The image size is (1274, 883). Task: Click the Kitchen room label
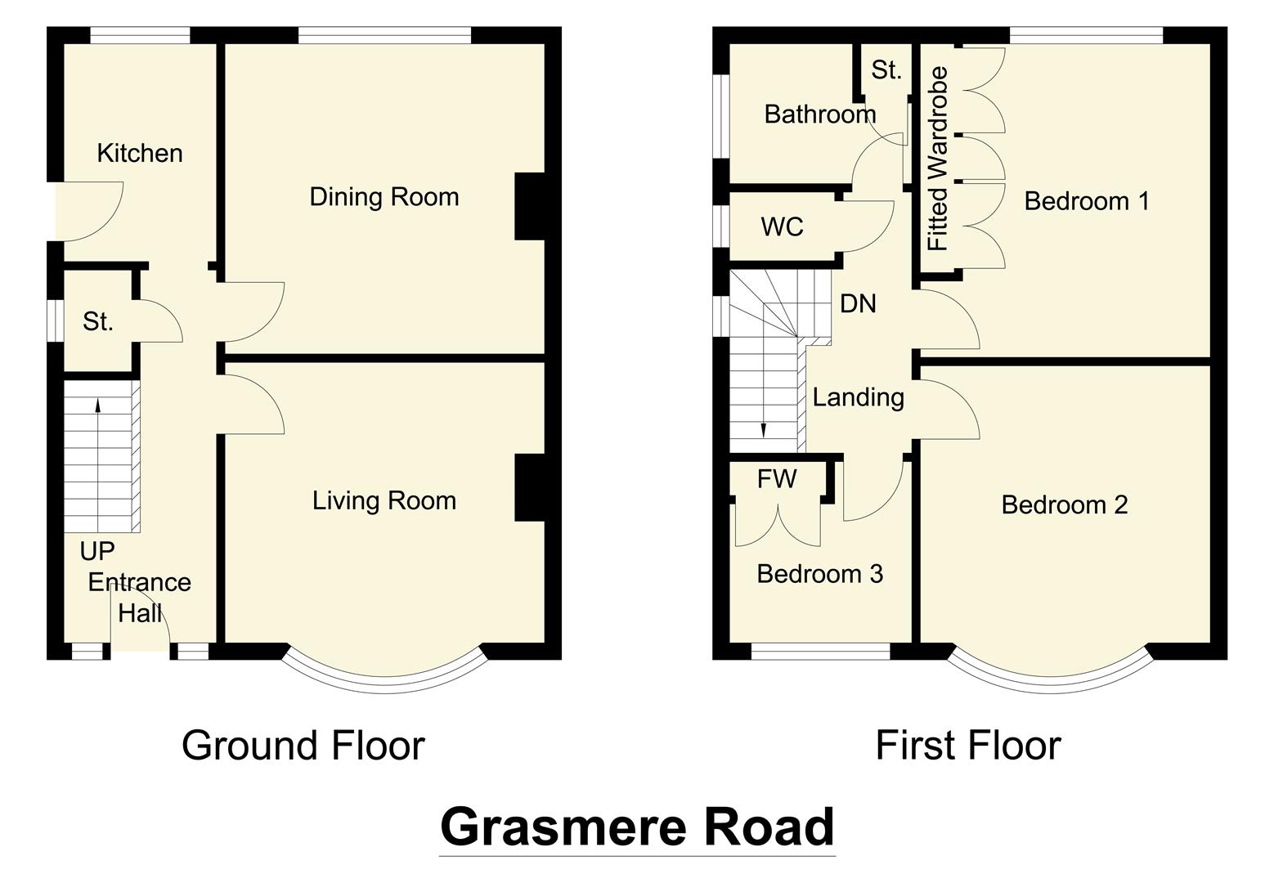click(140, 153)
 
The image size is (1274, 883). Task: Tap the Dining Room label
click(384, 197)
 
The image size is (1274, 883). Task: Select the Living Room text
click(384, 500)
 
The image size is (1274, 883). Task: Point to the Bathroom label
click(819, 114)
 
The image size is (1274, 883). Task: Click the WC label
click(782, 226)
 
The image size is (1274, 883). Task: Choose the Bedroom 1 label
click(1086, 200)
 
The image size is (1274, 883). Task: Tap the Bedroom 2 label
click(1064, 504)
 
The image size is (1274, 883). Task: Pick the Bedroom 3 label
click(819, 574)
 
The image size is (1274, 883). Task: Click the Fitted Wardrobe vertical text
click(938, 159)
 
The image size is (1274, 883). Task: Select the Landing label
click(858, 397)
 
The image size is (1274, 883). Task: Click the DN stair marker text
click(858, 304)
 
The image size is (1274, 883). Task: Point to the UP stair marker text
click(97, 551)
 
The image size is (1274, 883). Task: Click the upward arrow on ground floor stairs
click(98, 404)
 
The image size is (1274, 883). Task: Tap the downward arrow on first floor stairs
click(763, 431)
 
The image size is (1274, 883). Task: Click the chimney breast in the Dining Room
click(529, 206)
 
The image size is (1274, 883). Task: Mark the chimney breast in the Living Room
click(529, 487)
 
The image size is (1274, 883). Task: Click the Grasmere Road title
click(637, 827)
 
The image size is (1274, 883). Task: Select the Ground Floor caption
click(303, 746)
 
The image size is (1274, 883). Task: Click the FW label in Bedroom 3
click(776, 479)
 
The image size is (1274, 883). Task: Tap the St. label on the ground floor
click(97, 322)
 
